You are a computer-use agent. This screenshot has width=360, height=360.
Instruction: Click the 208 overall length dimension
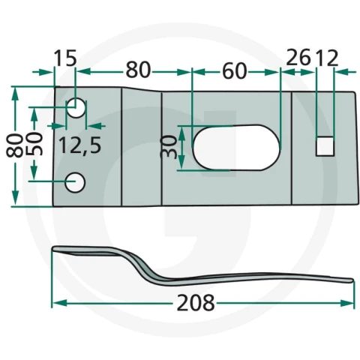196,302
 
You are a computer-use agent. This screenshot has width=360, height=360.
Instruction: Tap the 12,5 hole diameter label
80,145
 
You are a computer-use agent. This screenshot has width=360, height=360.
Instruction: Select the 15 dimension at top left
65,58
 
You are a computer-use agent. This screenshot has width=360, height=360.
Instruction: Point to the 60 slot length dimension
234,71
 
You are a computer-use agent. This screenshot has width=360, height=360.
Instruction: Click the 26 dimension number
298,58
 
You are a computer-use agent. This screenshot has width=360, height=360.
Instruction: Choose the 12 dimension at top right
327,58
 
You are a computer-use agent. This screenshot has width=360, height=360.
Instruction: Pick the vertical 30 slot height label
169,147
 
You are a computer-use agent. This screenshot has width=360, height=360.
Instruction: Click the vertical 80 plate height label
14,145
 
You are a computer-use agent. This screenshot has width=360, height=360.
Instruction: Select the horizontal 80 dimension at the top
138,71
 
